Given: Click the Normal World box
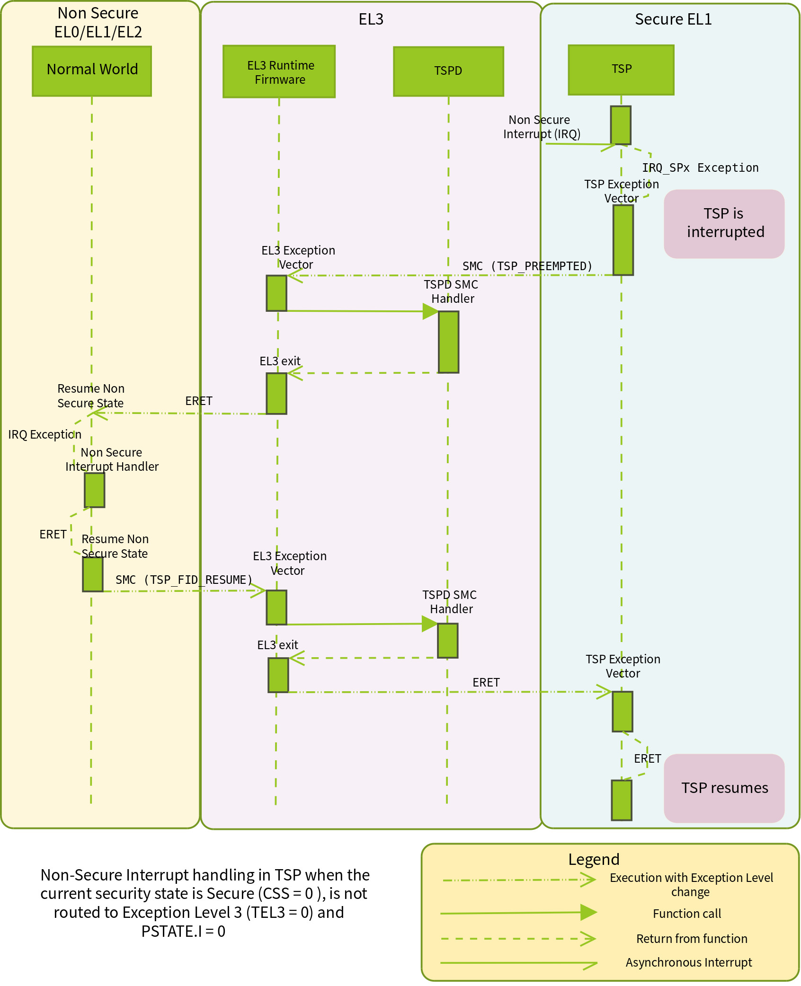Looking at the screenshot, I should click(x=92, y=71).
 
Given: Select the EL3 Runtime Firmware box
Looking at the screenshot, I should click(x=279, y=71).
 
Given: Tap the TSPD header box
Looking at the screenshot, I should click(x=448, y=71).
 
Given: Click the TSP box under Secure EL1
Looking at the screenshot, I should click(x=621, y=70).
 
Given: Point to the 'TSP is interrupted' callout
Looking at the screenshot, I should click(x=724, y=223).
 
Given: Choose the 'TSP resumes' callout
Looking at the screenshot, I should click(x=724, y=788).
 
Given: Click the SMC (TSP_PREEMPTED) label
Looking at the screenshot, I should click(x=527, y=266).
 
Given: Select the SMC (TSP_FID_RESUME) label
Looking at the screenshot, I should click(x=184, y=580).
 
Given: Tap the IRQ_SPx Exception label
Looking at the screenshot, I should click(x=700, y=168).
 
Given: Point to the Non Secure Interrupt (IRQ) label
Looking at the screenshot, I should click(x=541, y=127).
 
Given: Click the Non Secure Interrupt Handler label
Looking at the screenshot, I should click(x=112, y=459).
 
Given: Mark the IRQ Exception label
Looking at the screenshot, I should click(x=44, y=434).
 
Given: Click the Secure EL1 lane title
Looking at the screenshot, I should click(x=673, y=19).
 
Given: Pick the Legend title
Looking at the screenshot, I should click(x=594, y=859).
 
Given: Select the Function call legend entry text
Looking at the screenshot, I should click(x=686, y=914).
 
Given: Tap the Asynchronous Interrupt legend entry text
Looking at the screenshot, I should click(x=688, y=962).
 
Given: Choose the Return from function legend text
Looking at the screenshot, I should click(x=691, y=939).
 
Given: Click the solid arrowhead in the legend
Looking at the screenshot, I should click(x=588, y=912).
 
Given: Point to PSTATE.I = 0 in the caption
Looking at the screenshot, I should click(x=183, y=931).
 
